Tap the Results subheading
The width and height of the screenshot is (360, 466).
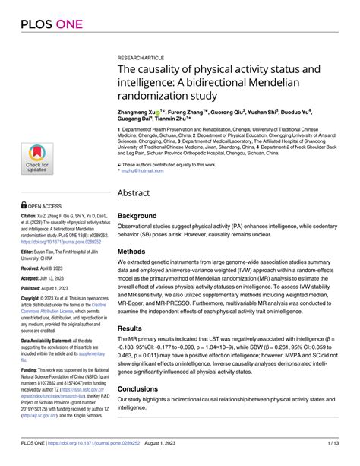pyautogui.click(x=136, y=328)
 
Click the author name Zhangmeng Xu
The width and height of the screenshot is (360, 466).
pyautogui.click(x=137, y=112)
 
